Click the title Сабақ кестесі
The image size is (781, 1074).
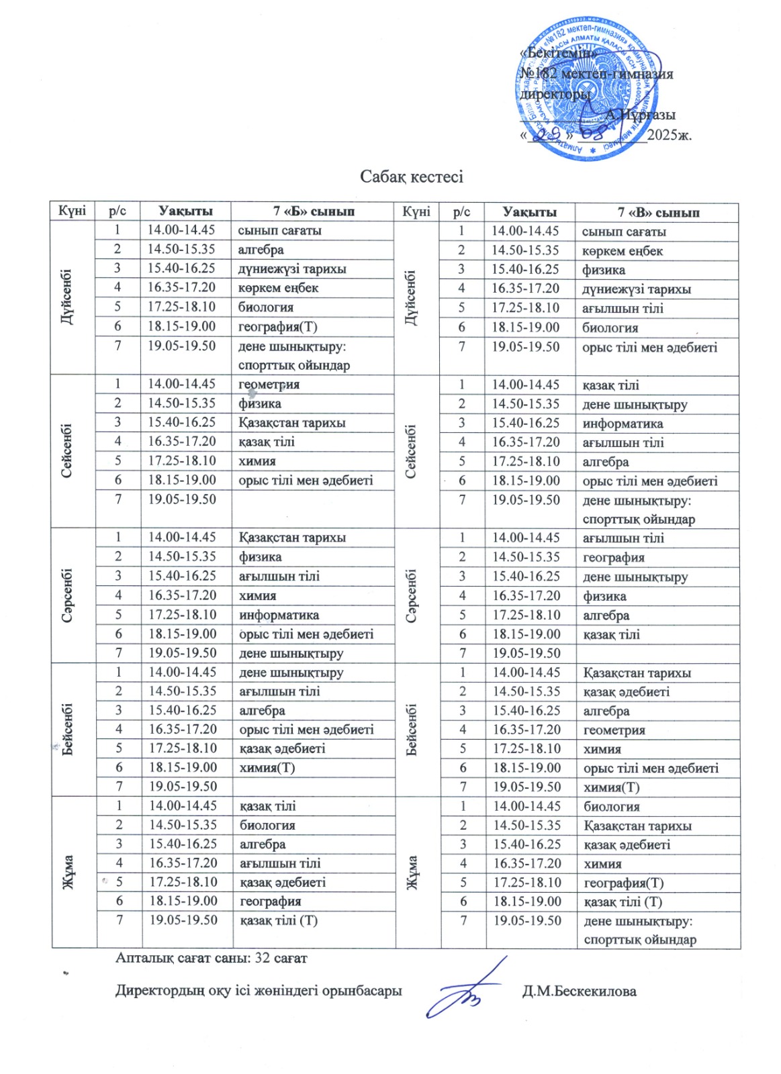(411, 177)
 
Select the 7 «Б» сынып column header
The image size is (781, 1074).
(314, 211)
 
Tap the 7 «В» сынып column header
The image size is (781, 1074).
(658, 213)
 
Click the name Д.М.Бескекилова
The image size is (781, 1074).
(579, 991)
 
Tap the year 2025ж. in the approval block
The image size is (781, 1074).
(670, 135)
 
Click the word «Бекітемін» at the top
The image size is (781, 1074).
(557, 52)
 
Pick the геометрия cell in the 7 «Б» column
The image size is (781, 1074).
(269, 385)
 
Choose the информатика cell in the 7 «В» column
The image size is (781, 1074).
(623, 424)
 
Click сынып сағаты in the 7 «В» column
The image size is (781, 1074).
(624, 232)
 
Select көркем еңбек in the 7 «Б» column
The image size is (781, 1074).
(278, 288)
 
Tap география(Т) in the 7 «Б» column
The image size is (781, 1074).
(277, 327)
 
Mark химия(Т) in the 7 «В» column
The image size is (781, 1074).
(611, 787)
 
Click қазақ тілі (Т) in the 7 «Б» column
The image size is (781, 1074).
(278, 920)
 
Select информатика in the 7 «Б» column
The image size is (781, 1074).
(279, 615)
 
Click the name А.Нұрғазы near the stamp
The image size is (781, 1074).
(641, 115)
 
